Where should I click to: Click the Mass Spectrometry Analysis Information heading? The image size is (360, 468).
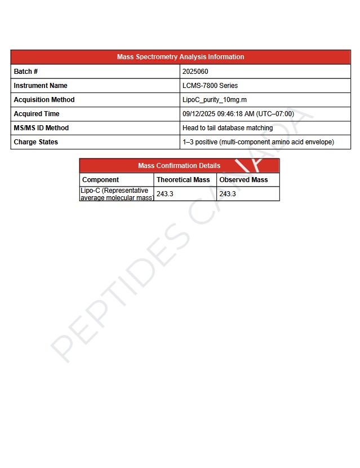[x=180, y=57]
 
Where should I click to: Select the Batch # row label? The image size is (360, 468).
[x=26, y=72]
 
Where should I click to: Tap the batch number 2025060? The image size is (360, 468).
[x=195, y=72]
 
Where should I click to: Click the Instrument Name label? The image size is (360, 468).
[x=41, y=86]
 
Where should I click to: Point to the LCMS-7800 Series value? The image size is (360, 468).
[x=210, y=86]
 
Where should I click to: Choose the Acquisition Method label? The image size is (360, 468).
[x=44, y=100]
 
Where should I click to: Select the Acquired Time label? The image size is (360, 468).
[x=37, y=114]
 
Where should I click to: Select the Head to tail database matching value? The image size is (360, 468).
[x=228, y=128]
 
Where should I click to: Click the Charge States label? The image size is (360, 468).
[x=36, y=142]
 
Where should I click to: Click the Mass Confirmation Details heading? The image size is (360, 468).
[x=179, y=166]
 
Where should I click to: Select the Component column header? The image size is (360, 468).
[x=101, y=180]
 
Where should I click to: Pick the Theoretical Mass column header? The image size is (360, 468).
[x=183, y=180]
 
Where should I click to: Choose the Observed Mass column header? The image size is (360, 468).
[x=243, y=180]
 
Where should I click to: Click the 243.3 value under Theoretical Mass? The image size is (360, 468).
[x=165, y=194]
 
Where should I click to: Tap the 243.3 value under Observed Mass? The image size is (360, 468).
[x=228, y=194]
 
